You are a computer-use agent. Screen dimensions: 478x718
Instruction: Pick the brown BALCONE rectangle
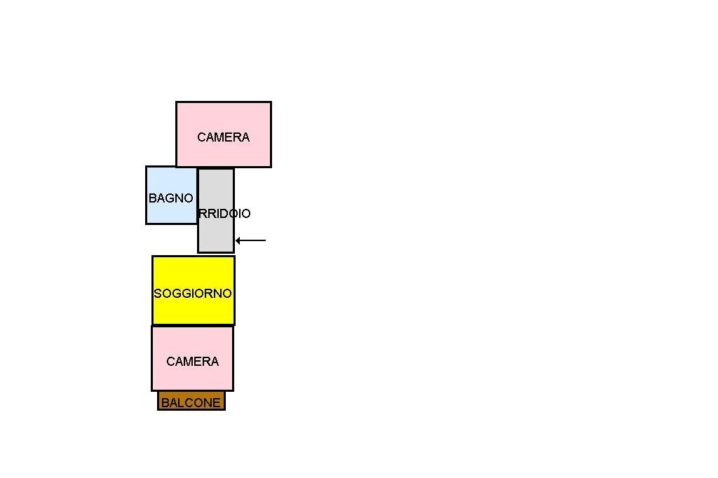(191, 401)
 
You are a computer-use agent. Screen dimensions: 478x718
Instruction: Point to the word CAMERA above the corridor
(223, 137)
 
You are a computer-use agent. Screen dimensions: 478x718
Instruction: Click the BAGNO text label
(170, 198)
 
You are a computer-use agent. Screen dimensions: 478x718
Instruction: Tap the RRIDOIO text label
(224, 214)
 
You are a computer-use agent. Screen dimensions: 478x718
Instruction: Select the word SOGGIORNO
(193, 294)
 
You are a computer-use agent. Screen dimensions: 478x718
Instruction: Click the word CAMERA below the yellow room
(192, 362)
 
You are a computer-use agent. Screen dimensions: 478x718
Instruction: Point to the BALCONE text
(191, 403)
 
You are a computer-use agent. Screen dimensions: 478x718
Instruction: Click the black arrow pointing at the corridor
(251, 240)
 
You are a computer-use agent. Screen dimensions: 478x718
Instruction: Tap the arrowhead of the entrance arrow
(238, 240)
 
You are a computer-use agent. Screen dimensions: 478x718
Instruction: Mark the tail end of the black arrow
(264, 240)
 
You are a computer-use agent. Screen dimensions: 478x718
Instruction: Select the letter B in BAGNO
(152, 198)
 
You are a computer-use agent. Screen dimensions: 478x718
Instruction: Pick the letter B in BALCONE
(165, 403)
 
